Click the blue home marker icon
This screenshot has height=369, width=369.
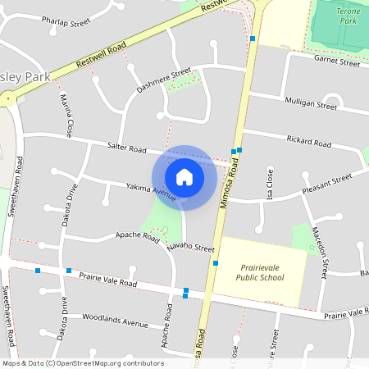tap(184, 176)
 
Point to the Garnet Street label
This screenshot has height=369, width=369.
tap(337, 61)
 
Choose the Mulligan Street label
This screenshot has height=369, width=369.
tap(310, 104)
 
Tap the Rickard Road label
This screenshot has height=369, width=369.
tap(309, 143)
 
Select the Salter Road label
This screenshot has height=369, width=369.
tap(126, 148)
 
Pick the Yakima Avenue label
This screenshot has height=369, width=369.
tap(151, 192)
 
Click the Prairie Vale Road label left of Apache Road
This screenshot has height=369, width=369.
tap(107, 280)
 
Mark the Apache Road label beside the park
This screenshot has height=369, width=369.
tap(137, 235)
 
